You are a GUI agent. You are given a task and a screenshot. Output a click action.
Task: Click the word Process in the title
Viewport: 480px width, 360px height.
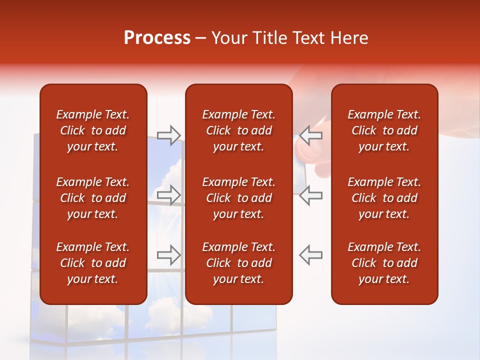click(157, 38)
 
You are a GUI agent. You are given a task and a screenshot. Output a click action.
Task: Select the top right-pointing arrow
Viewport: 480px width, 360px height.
click(169, 135)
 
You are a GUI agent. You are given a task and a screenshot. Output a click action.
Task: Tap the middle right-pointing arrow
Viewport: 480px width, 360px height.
click(169, 194)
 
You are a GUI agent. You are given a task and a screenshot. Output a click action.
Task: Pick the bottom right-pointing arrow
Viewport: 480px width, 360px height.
click(169, 254)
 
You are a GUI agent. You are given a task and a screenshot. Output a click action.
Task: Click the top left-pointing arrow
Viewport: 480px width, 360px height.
click(311, 135)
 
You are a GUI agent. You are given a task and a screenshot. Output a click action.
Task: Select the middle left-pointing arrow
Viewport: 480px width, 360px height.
click(311, 194)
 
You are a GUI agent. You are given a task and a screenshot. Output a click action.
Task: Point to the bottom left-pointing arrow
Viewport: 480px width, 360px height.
click(311, 254)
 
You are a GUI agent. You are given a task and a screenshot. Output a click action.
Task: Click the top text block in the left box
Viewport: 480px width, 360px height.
click(93, 130)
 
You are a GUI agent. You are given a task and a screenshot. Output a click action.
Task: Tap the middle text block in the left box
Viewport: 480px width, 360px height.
click(93, 198)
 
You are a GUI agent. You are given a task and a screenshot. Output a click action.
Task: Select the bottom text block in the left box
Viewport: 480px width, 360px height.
click(93, 263)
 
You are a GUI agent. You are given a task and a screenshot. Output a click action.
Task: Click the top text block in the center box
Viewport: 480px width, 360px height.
click(238, 130)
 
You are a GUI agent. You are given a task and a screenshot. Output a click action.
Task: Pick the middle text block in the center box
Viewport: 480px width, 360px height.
click(238, 198)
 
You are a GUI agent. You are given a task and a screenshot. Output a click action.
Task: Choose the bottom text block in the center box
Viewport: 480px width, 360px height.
click(238, 263)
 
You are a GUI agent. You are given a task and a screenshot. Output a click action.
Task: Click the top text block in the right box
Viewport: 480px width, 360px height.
click(384, 130)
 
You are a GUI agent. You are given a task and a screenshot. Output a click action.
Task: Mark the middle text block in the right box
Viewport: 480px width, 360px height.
click(384, 198)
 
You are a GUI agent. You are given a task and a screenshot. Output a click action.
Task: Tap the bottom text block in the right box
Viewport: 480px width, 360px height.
click(384, 263)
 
